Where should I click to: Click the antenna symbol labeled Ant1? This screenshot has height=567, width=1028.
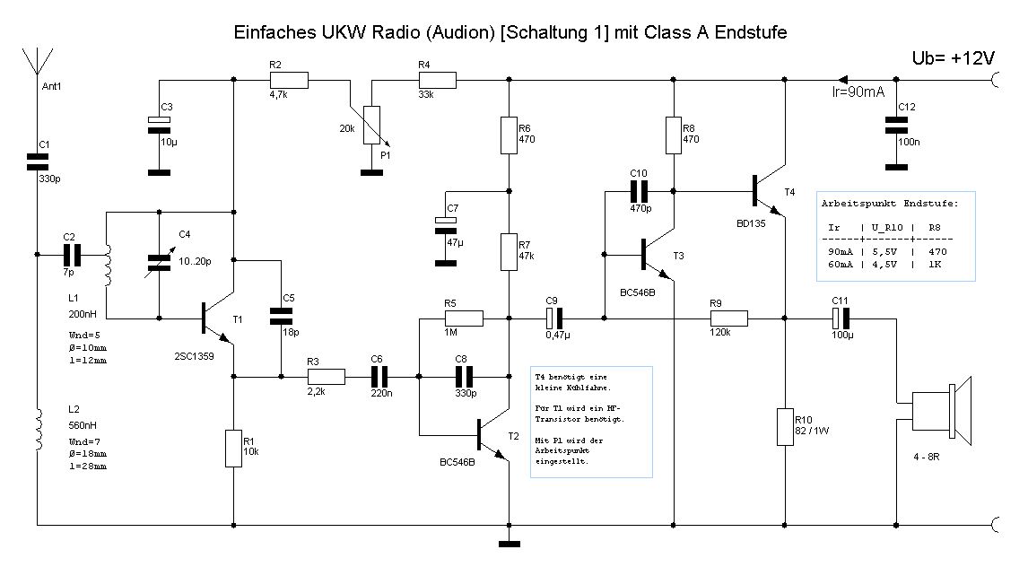pos(36,62)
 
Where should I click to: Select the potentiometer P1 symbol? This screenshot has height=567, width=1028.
pos(371,126)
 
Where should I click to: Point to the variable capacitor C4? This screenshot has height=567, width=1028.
pos(159,261)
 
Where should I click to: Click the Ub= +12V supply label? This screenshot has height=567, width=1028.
pos(953,57)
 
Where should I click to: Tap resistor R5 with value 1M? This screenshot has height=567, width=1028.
pos(464,318)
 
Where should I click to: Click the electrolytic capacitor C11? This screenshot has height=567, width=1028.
pos(841,318)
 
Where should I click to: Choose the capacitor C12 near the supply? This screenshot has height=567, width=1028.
pos(893,125)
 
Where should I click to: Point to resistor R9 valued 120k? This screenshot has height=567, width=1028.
pos(727,318)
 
